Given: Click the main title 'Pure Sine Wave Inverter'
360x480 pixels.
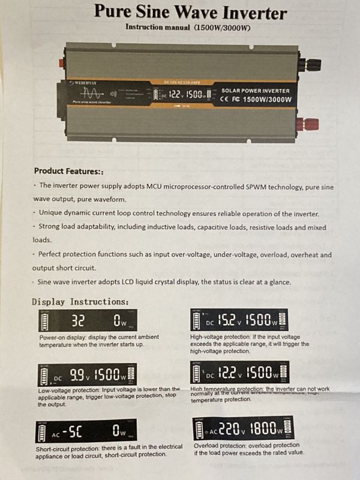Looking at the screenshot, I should coord(191,11).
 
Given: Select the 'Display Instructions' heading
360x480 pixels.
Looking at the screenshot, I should coord(80,301).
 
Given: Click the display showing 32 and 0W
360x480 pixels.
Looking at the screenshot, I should coord(88,321).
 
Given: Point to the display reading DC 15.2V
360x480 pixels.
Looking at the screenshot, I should coord(239,320).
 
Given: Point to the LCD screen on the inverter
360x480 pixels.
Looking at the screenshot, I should coord(181,94).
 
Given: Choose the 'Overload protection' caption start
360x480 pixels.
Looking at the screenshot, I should coord(220,446).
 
